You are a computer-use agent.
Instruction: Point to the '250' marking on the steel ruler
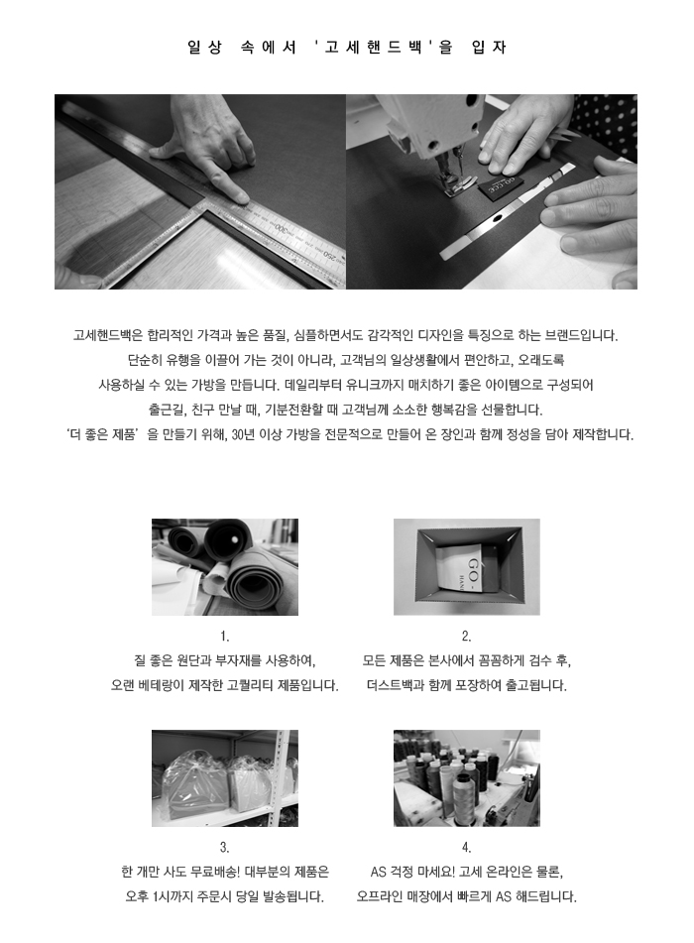pyautogui.click(x=332, y=257)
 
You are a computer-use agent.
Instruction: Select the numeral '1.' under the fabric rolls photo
pyautogui.click(x=224, y=637)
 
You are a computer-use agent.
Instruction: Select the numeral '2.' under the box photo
pyautogui.click(x=466, y=637)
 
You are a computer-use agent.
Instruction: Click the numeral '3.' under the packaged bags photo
pyautogui.click(x=224, y=848)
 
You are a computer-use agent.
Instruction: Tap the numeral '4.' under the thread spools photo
pyautogui.click(x=466, y=848)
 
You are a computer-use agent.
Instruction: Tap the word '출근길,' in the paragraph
pyautogui.click(x=167, y=411)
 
